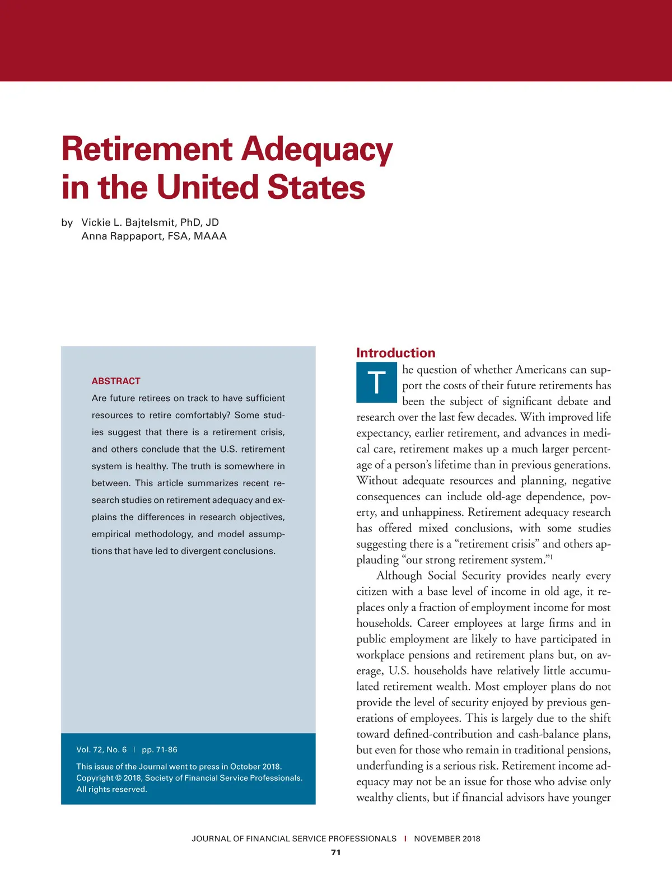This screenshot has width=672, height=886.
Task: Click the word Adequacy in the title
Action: (x=318, y=150)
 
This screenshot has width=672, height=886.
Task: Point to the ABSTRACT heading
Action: (x=116, y=381)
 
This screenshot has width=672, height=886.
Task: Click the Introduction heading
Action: (x=395, y=353)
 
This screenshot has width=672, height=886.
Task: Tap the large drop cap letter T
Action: (x=376, y=383)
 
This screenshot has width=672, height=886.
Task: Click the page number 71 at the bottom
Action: (x=336, y=852)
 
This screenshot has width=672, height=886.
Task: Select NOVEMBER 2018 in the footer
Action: (x=447, y=838)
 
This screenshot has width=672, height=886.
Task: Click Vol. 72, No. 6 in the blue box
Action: (x=101, y=749)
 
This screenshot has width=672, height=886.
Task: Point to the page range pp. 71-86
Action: (x=160, y=749)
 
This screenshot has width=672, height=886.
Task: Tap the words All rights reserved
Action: (x=111, y=789)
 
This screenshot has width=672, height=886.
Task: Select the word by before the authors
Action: (x=67, y=222)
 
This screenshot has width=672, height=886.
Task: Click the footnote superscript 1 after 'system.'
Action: (x=551, y=557)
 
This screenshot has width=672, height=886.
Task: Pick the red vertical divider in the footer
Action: (x=405, y=838)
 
